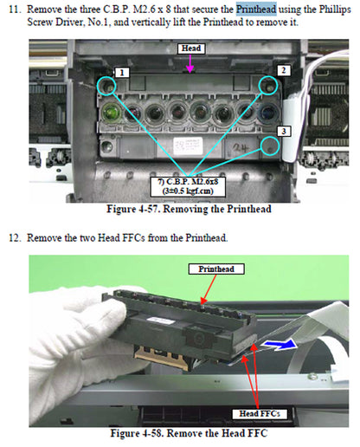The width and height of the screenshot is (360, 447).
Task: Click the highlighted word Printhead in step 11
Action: click(258, 8)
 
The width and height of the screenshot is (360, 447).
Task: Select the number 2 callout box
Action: click(283, 68)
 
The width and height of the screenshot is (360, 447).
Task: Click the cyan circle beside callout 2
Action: click(267, 85)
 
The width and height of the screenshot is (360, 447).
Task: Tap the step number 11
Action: click(12, 8)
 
